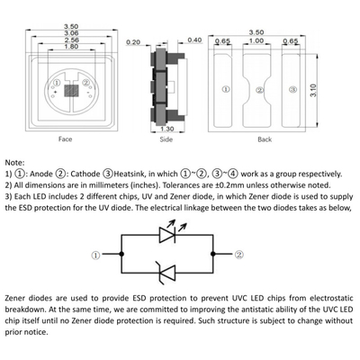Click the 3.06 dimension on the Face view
click(x=71, y=33)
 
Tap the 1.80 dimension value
click(x=71, y=47)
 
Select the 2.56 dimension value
click(x=71, y=40)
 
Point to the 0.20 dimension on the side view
click(x=133, y=42)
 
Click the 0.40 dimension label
click(x=194, y=40)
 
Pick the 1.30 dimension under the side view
click(x=167, y=129)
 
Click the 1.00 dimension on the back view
click(x=256, y=40)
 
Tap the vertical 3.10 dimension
click(x=313, y=90)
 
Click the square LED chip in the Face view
click(x=71, y=91)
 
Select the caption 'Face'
click(x=66, y=139)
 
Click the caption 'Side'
click(x=166, y=139)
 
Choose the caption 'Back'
click(x=265, y=139)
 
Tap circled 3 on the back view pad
click(x=293, y=89)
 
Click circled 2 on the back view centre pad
click(x=260, y=90)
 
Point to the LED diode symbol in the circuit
click(x=172, y=231)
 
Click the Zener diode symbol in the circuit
click(x=166, y=273)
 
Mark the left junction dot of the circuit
click(x=121, y=254)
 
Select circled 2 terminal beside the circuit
click(x=239, y=255)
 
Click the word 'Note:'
click(x=14, y=163)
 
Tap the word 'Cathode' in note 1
click(x=85, y=174)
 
